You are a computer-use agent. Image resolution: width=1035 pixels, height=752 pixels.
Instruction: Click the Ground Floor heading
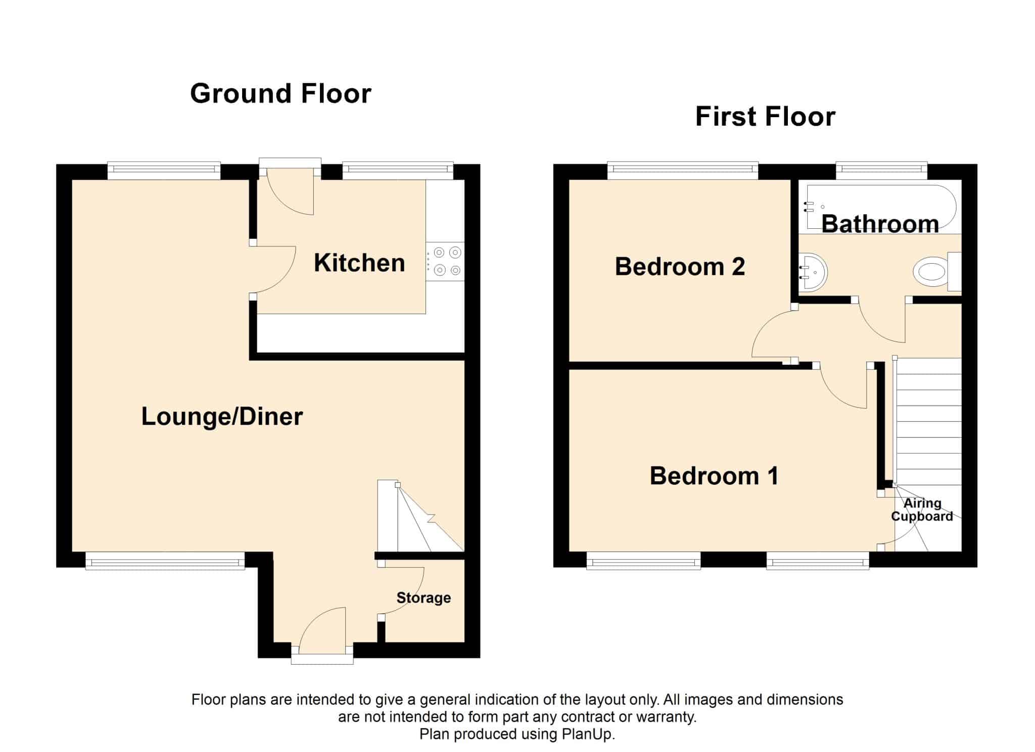pos(280,93)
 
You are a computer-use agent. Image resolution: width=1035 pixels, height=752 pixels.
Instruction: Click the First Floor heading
pos(765,117)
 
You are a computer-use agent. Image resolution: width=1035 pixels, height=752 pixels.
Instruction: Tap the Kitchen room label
pos(359,263)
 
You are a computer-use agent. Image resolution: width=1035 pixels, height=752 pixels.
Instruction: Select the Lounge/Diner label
pos(222,417)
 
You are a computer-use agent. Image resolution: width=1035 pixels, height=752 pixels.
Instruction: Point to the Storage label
pos(424,598)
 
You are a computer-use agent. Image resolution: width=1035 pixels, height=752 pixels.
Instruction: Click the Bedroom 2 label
pos(680,267)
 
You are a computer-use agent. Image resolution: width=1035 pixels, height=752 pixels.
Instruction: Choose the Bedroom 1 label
pos(714,476)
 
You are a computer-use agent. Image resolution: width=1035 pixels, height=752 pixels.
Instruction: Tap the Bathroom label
pos(880,224)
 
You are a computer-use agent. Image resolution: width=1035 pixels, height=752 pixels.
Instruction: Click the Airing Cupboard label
pos(922,510)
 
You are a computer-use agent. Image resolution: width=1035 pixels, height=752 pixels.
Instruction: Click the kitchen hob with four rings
pos(445,261)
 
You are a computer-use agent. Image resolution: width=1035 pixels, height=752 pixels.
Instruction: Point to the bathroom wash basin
pos(812,272)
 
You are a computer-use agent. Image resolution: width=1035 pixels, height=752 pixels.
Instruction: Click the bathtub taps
pos(809,206)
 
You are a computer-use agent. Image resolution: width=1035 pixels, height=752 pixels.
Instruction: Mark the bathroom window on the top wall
pos(881,170)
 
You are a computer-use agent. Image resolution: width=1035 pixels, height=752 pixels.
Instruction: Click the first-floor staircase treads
pos(928,421)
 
